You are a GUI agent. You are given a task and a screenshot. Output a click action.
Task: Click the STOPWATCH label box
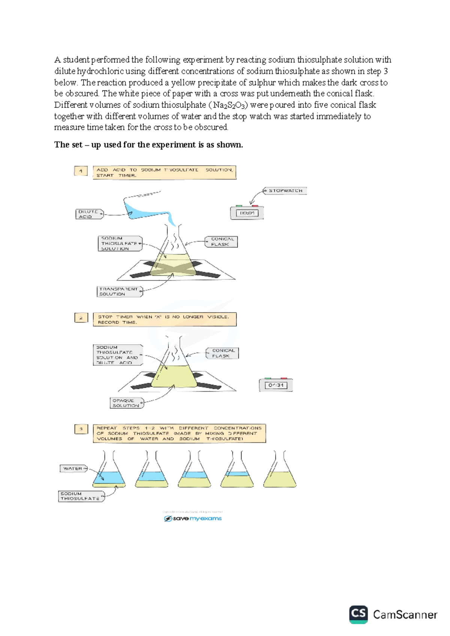click(x=285, y=191)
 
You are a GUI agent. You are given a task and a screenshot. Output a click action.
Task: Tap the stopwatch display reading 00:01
click(x=247, y=213)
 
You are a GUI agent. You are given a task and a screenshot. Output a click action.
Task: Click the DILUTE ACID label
click(x=89, y=214)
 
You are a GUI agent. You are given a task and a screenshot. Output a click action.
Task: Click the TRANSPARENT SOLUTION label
click(x=120, y=291)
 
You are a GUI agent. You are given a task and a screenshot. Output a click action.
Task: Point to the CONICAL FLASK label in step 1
click(x=221, y=241)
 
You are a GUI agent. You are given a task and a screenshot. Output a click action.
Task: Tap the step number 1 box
click(x=81, y=171)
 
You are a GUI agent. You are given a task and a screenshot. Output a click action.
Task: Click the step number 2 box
click(x=81, y=318)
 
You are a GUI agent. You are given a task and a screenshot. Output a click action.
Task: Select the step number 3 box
click(x=81, y=429)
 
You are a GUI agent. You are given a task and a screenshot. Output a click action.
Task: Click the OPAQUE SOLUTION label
click(x=126, y=403)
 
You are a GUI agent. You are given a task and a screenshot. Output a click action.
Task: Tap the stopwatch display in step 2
click(x=276, y=385)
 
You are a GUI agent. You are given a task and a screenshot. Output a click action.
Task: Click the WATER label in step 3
click(x=73, y=468)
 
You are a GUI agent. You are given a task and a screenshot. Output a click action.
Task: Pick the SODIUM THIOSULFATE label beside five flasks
click(x=81, y=496)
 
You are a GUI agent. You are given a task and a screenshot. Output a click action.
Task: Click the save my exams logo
click(x=193, y=519)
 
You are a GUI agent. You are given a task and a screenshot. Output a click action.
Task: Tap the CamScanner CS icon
click(x=358, y=614)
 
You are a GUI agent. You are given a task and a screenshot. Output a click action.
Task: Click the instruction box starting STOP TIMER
click(x=165, y=319)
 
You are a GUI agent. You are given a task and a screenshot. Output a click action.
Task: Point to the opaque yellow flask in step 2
click(x=174, y=373)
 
